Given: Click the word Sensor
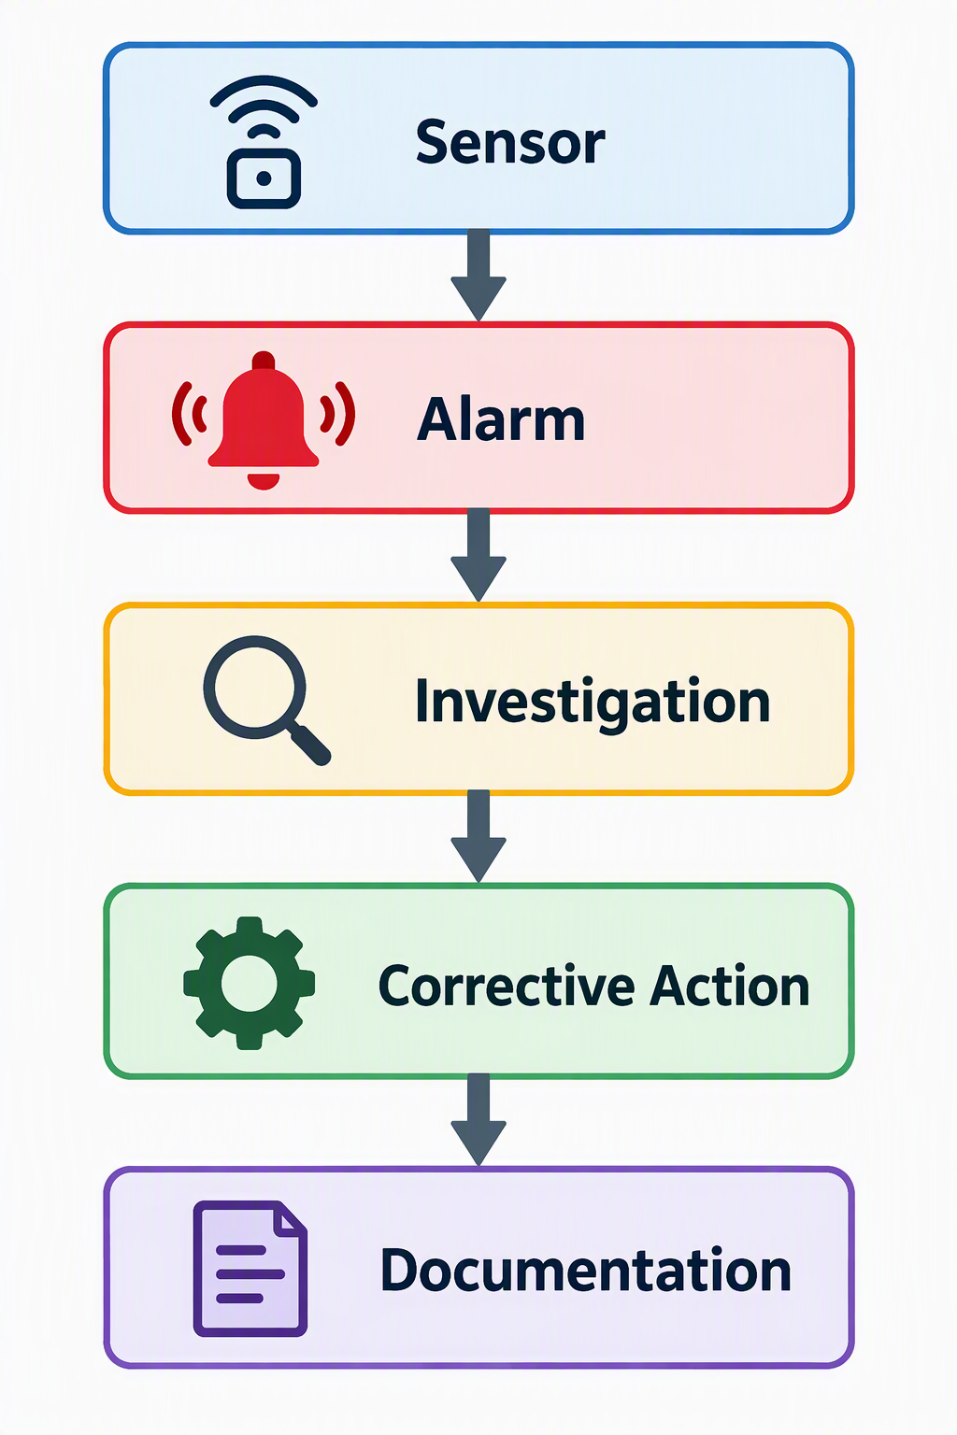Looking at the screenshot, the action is coord(510,142).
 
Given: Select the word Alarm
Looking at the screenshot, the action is coord(501,419).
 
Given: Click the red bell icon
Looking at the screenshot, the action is coord(264,420).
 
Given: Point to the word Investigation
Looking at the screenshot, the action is coord(593,703).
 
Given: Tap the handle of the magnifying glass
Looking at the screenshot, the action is coord(310,744).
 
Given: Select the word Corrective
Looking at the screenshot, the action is coord(507,987).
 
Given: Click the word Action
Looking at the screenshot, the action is coord(730,987).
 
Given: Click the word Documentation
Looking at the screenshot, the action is coord(585,1271).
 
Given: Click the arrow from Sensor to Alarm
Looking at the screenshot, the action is coord(478,275).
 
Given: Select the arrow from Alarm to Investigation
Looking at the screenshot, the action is coord(478,555).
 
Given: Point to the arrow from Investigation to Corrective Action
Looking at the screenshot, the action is coord(478,836).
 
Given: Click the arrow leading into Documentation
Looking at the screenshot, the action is coord(478,1120).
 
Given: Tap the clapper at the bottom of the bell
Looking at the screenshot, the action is coord(264,480).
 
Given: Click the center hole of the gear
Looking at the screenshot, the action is coord(250,984).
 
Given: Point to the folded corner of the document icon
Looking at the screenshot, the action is coord(290,1218).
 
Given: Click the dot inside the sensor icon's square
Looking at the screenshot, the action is coord(264,178).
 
